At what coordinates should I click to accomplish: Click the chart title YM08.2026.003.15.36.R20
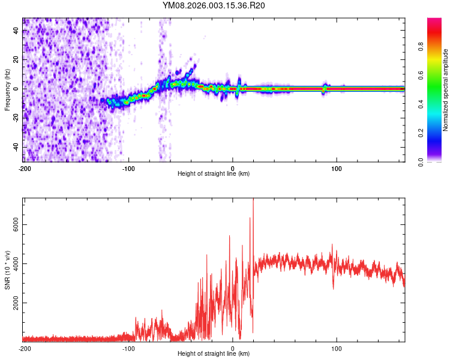214,5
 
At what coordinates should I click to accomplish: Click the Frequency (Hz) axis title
7,90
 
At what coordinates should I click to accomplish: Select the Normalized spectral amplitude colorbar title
445,90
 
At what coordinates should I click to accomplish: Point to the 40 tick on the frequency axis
17,30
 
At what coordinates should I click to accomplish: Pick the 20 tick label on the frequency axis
17,59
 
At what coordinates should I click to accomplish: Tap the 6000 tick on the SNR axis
13,224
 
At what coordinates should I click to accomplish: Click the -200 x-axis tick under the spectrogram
25,168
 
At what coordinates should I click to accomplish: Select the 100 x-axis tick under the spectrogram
337,168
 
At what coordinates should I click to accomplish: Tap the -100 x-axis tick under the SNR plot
128,348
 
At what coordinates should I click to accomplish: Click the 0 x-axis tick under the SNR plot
233,348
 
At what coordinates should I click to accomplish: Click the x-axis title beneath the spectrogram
214,174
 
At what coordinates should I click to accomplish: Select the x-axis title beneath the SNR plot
214,354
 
